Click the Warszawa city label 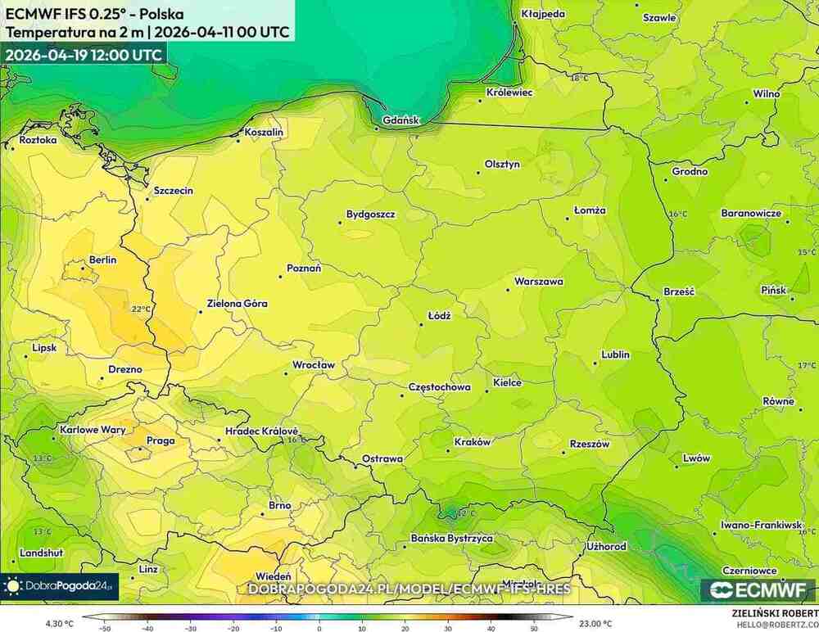click(538, 282)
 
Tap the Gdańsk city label click(400, 120)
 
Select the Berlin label click(102, 260)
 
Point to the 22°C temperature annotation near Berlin click(141, 309)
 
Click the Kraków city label click(473, 442)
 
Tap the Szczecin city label click(174, 191)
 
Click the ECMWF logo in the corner click(758, 589)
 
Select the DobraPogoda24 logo click(59, 586)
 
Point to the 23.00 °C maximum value click(595, 623)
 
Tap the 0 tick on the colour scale click(319, 629)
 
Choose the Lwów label click(696, 458)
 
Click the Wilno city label click(767, 94)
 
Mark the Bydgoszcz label click(370, 214)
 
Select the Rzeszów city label click(590, 444)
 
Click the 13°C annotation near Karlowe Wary click(43, 459)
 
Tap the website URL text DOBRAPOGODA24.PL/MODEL click(409, 589)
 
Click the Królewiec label click(509, 93)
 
